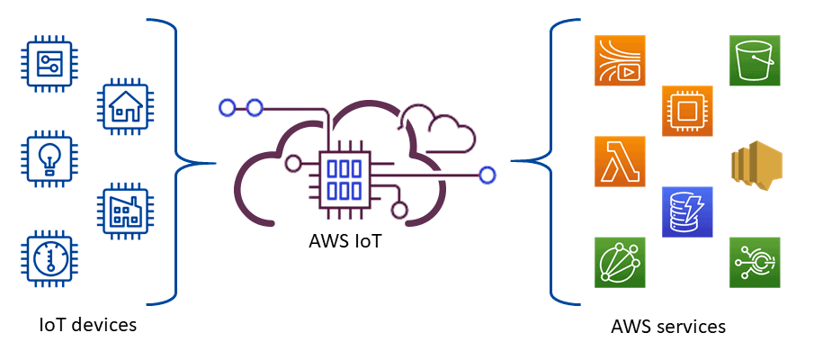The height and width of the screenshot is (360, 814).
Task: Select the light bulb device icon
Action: click(45, 159)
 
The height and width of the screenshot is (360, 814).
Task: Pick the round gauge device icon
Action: click(45, 260)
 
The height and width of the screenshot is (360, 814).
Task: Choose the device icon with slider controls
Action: click(45, 62)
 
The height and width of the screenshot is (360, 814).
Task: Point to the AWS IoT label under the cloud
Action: click(345, 241)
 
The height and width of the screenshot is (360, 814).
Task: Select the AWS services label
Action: click(667, 326)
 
